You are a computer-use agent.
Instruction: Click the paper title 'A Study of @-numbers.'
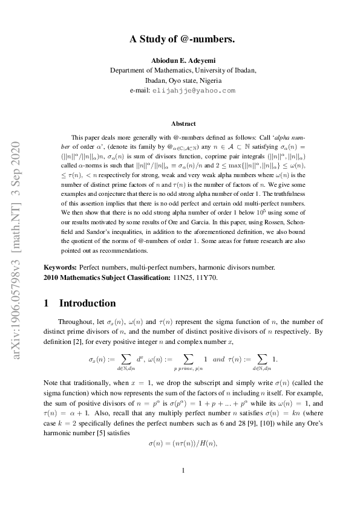coord(182,39)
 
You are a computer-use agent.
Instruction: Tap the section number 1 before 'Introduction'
coord(47,303)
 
